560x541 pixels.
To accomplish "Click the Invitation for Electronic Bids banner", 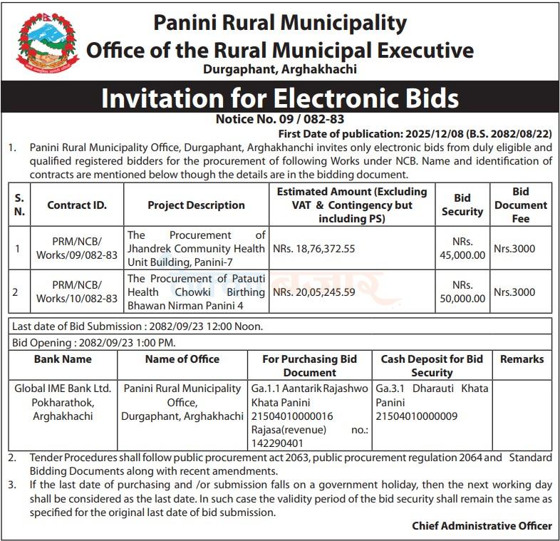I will (x=280, y=98).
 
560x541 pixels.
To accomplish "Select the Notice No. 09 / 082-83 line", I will (x=280, y=120).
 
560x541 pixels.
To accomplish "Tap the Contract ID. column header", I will (x=77, y=205).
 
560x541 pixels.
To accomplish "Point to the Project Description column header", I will (x=196, y=205).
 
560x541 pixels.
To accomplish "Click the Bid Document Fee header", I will (x=520, y=205).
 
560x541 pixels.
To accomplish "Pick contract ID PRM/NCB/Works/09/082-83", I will (x=77, y=249).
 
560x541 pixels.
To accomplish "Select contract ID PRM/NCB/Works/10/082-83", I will (x=77, y=292).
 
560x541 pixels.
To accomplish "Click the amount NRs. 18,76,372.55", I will (x=313, y=249).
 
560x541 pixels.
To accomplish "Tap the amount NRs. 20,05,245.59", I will (x=313, y=292).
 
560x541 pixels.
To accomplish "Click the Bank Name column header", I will (x=63, y=359).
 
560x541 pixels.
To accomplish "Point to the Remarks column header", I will (x=522, y=359).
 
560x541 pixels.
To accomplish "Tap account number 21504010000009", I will (x=416, y=416).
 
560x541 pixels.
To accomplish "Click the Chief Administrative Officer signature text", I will (x=482, y=526).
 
